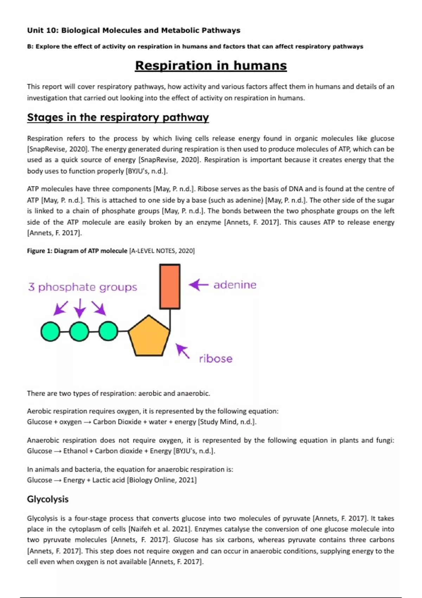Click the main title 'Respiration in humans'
(x=211, y=65)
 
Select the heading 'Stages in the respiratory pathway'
(x=118, y=117)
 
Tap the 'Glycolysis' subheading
(x=48, y=499)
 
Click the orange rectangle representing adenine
(x=170, y=287)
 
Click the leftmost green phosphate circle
(x=50, y=331)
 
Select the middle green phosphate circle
(x=79, y=331)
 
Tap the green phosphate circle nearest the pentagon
(x=108, y=331)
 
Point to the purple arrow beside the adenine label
(x=199, y=285)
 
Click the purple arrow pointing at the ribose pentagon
(x=183, y=351)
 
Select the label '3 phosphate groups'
(x=83, y=287)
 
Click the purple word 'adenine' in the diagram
(x=235, y=285)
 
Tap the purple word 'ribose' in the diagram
(x=216, y=359)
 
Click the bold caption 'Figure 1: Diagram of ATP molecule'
(x=77, y=251)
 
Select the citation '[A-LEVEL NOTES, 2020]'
(x=162, y=251)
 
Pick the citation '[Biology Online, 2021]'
(x=162, y=480)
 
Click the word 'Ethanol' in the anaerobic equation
(x=75, y=451)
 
